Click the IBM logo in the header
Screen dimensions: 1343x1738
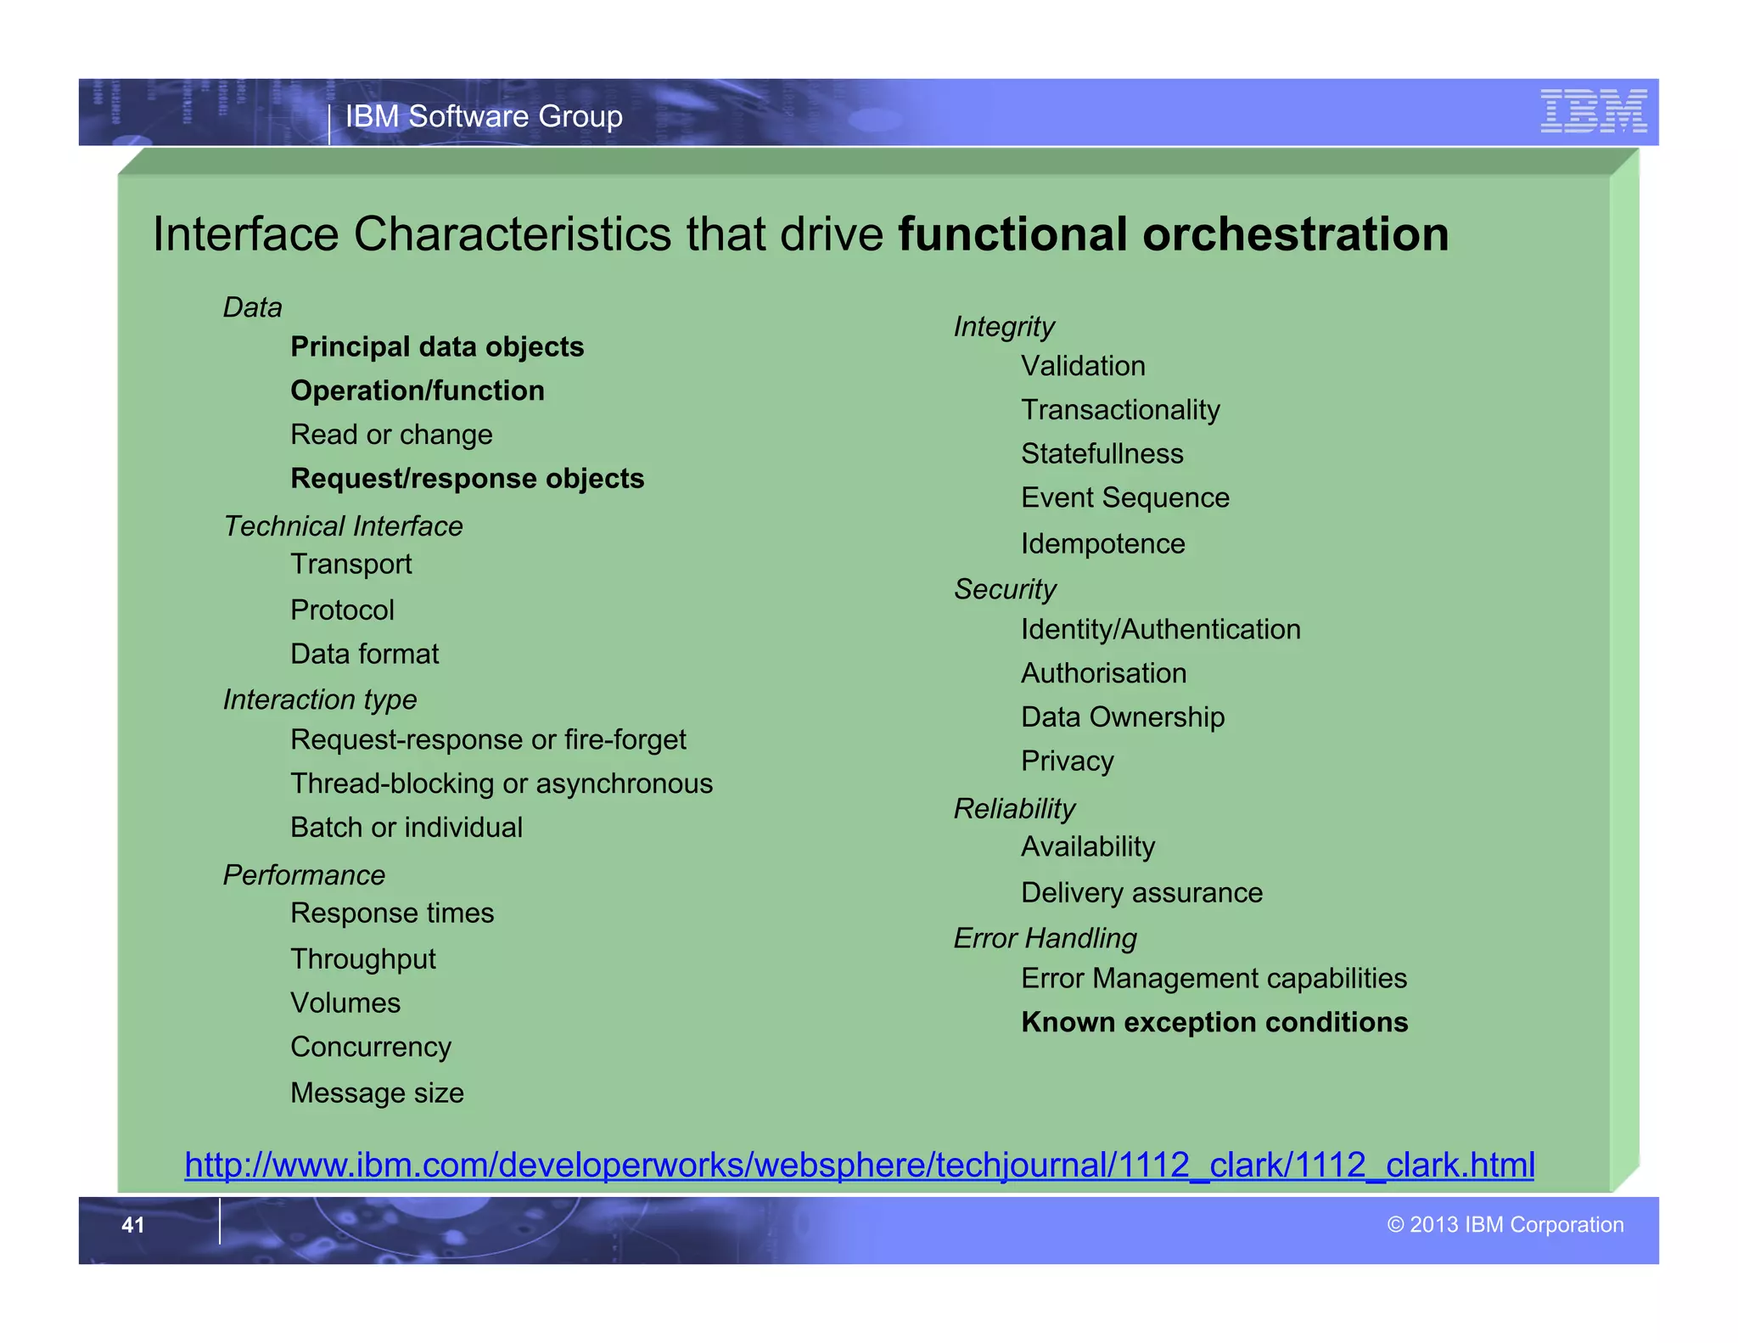(1593, 111)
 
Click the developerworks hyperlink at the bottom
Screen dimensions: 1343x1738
(859, 1165)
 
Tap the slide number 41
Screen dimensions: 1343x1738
(133, 1224)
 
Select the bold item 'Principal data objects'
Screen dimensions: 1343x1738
(436, 347)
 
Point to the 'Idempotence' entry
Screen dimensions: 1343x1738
(1102, 543)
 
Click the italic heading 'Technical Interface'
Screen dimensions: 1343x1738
(343, 526)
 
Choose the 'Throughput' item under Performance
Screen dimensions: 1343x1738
(362, 959)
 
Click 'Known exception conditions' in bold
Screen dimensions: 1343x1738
(1214, 1022)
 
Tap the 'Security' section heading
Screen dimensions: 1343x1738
(1005, 589)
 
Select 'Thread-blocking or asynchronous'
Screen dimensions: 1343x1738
(501, 784)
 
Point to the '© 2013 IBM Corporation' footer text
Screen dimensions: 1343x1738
(1505, 1224)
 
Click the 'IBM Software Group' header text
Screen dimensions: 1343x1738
(484, 116)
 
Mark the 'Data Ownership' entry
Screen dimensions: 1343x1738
(1122, 717)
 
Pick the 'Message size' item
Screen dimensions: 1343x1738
(377, 1093)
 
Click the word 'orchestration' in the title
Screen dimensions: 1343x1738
(1295, 234)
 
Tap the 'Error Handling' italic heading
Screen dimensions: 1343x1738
(1044, 938)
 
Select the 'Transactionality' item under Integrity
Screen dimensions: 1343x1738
(1120, 410)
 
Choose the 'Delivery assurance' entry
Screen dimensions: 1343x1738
(1141, 893)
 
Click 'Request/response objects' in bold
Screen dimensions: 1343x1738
(467, 479)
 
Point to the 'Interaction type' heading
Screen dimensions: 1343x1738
(320, 700)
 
